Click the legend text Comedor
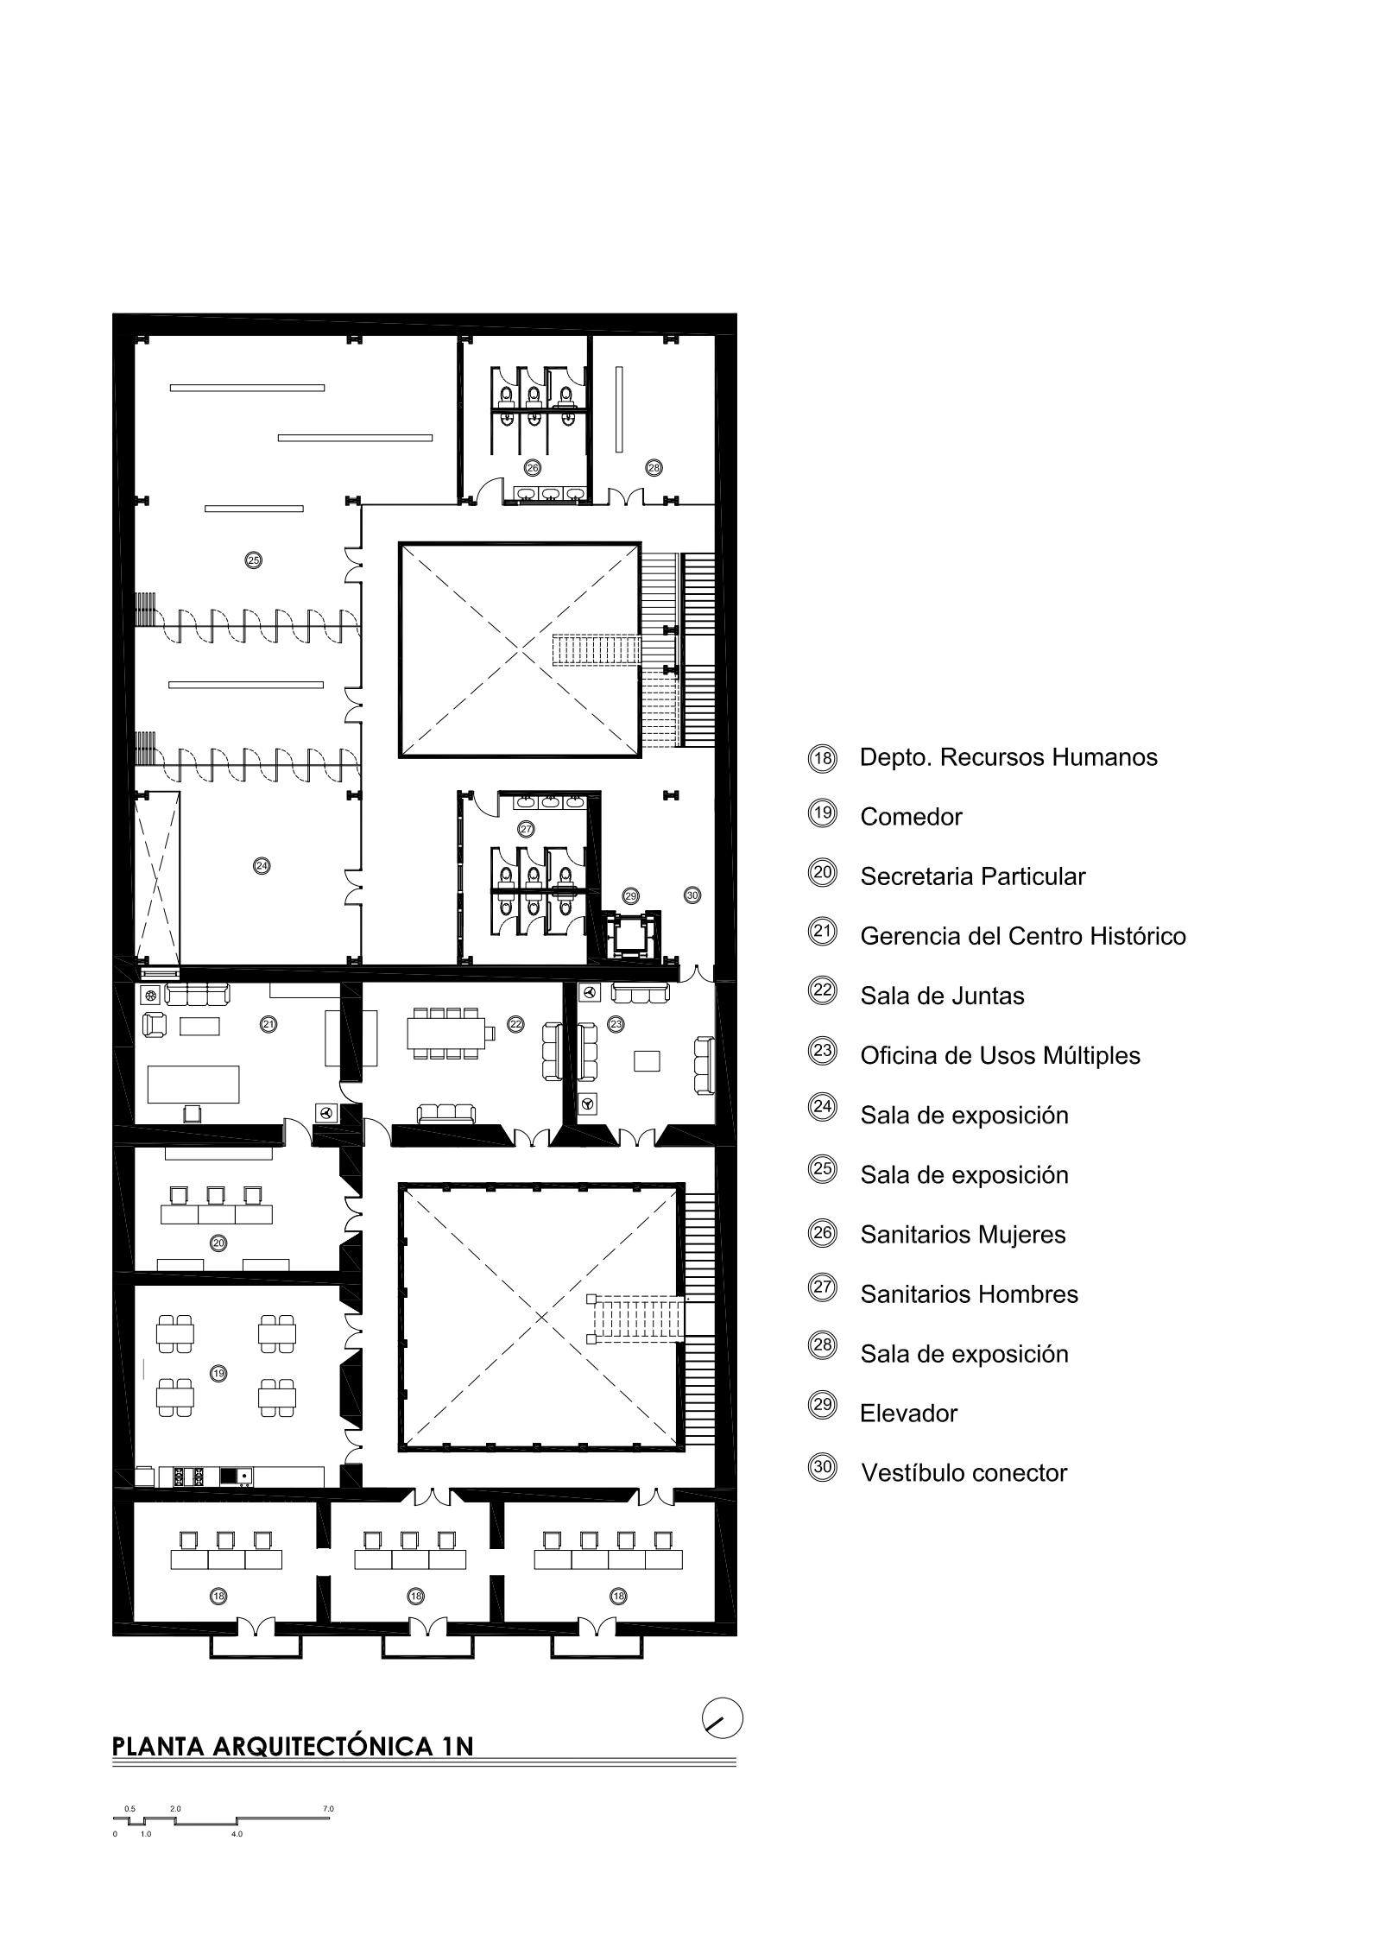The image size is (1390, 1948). pos(911,817)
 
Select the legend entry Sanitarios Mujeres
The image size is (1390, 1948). pos(963,1235)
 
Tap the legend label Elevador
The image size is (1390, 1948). pos(908,1414)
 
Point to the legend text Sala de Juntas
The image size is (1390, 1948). pos(942,996)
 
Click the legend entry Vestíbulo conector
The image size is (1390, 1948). pos(964,1473)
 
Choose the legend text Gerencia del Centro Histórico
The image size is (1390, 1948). pos(1023,936)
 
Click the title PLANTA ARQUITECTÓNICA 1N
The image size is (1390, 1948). pos(294,1745)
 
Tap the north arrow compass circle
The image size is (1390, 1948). pos(723,1717)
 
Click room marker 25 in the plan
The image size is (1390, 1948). pos(253,560)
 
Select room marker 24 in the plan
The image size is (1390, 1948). pos(262,865)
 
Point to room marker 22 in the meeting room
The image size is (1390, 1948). pos(515,1024)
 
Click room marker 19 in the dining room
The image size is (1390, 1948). pos(218,1373)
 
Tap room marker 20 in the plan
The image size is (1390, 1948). pos(218,1243)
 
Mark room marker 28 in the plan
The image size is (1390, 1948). pos(654,468)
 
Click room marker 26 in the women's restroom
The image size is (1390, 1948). pos(533,468)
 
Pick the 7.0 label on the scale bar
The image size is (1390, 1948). pos(328,1808)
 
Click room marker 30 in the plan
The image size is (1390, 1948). pos(692,895)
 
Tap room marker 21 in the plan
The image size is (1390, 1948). pos(269,1024)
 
